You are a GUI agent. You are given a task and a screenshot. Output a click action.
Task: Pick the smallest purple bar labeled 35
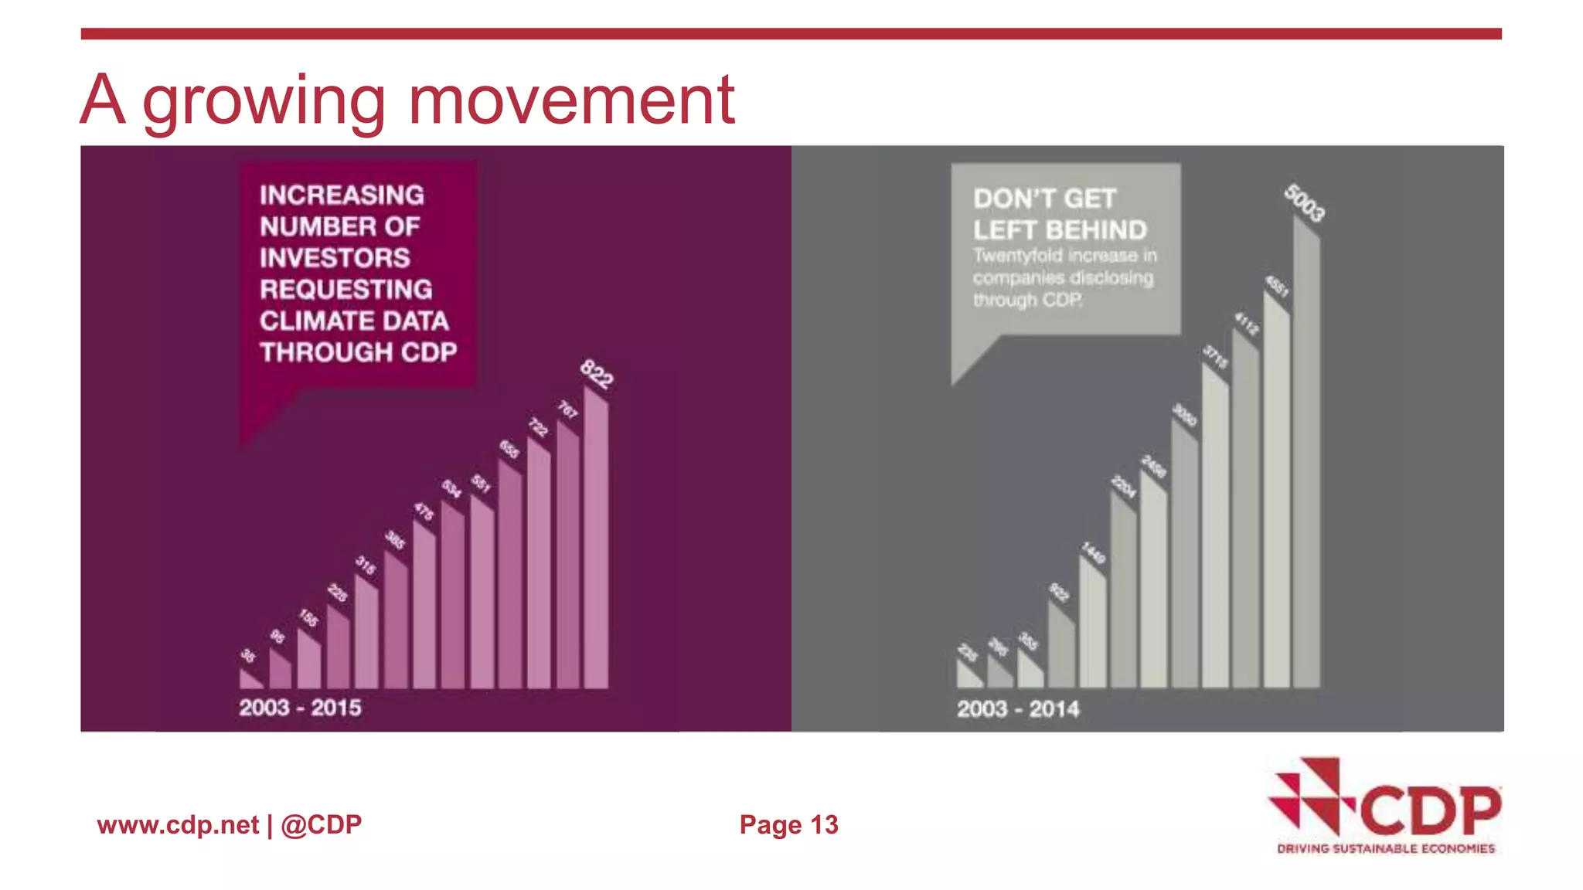(250, 681)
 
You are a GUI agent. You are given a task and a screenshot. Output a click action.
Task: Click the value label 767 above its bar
(568, 409)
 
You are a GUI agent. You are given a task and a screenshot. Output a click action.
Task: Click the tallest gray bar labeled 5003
(1306, 464)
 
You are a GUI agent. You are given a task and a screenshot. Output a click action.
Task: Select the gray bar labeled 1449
(1092, 626)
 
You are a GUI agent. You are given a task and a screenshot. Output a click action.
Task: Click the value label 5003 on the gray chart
(1305, 203)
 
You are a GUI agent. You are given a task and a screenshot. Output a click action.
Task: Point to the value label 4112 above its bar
(1246, 323)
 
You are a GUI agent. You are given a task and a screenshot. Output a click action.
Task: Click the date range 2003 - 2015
(300, 708)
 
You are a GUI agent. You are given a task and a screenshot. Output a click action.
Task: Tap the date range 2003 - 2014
(1018, 709)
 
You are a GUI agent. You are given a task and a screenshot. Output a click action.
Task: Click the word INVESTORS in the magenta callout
(335, 258)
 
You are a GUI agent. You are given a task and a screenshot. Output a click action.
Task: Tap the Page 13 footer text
(788, 825)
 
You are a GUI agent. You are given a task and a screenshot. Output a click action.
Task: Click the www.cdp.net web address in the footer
(178, 825)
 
